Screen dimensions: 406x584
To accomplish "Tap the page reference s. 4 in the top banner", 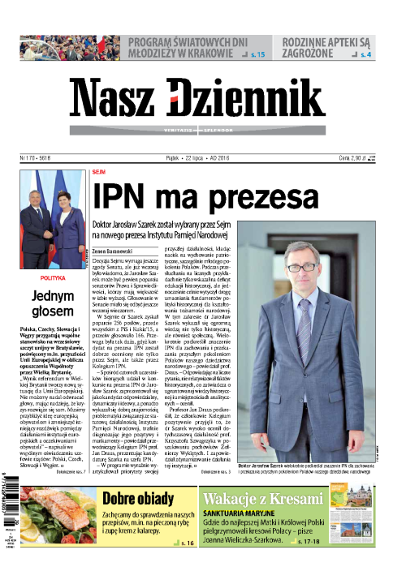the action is point(366,54).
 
